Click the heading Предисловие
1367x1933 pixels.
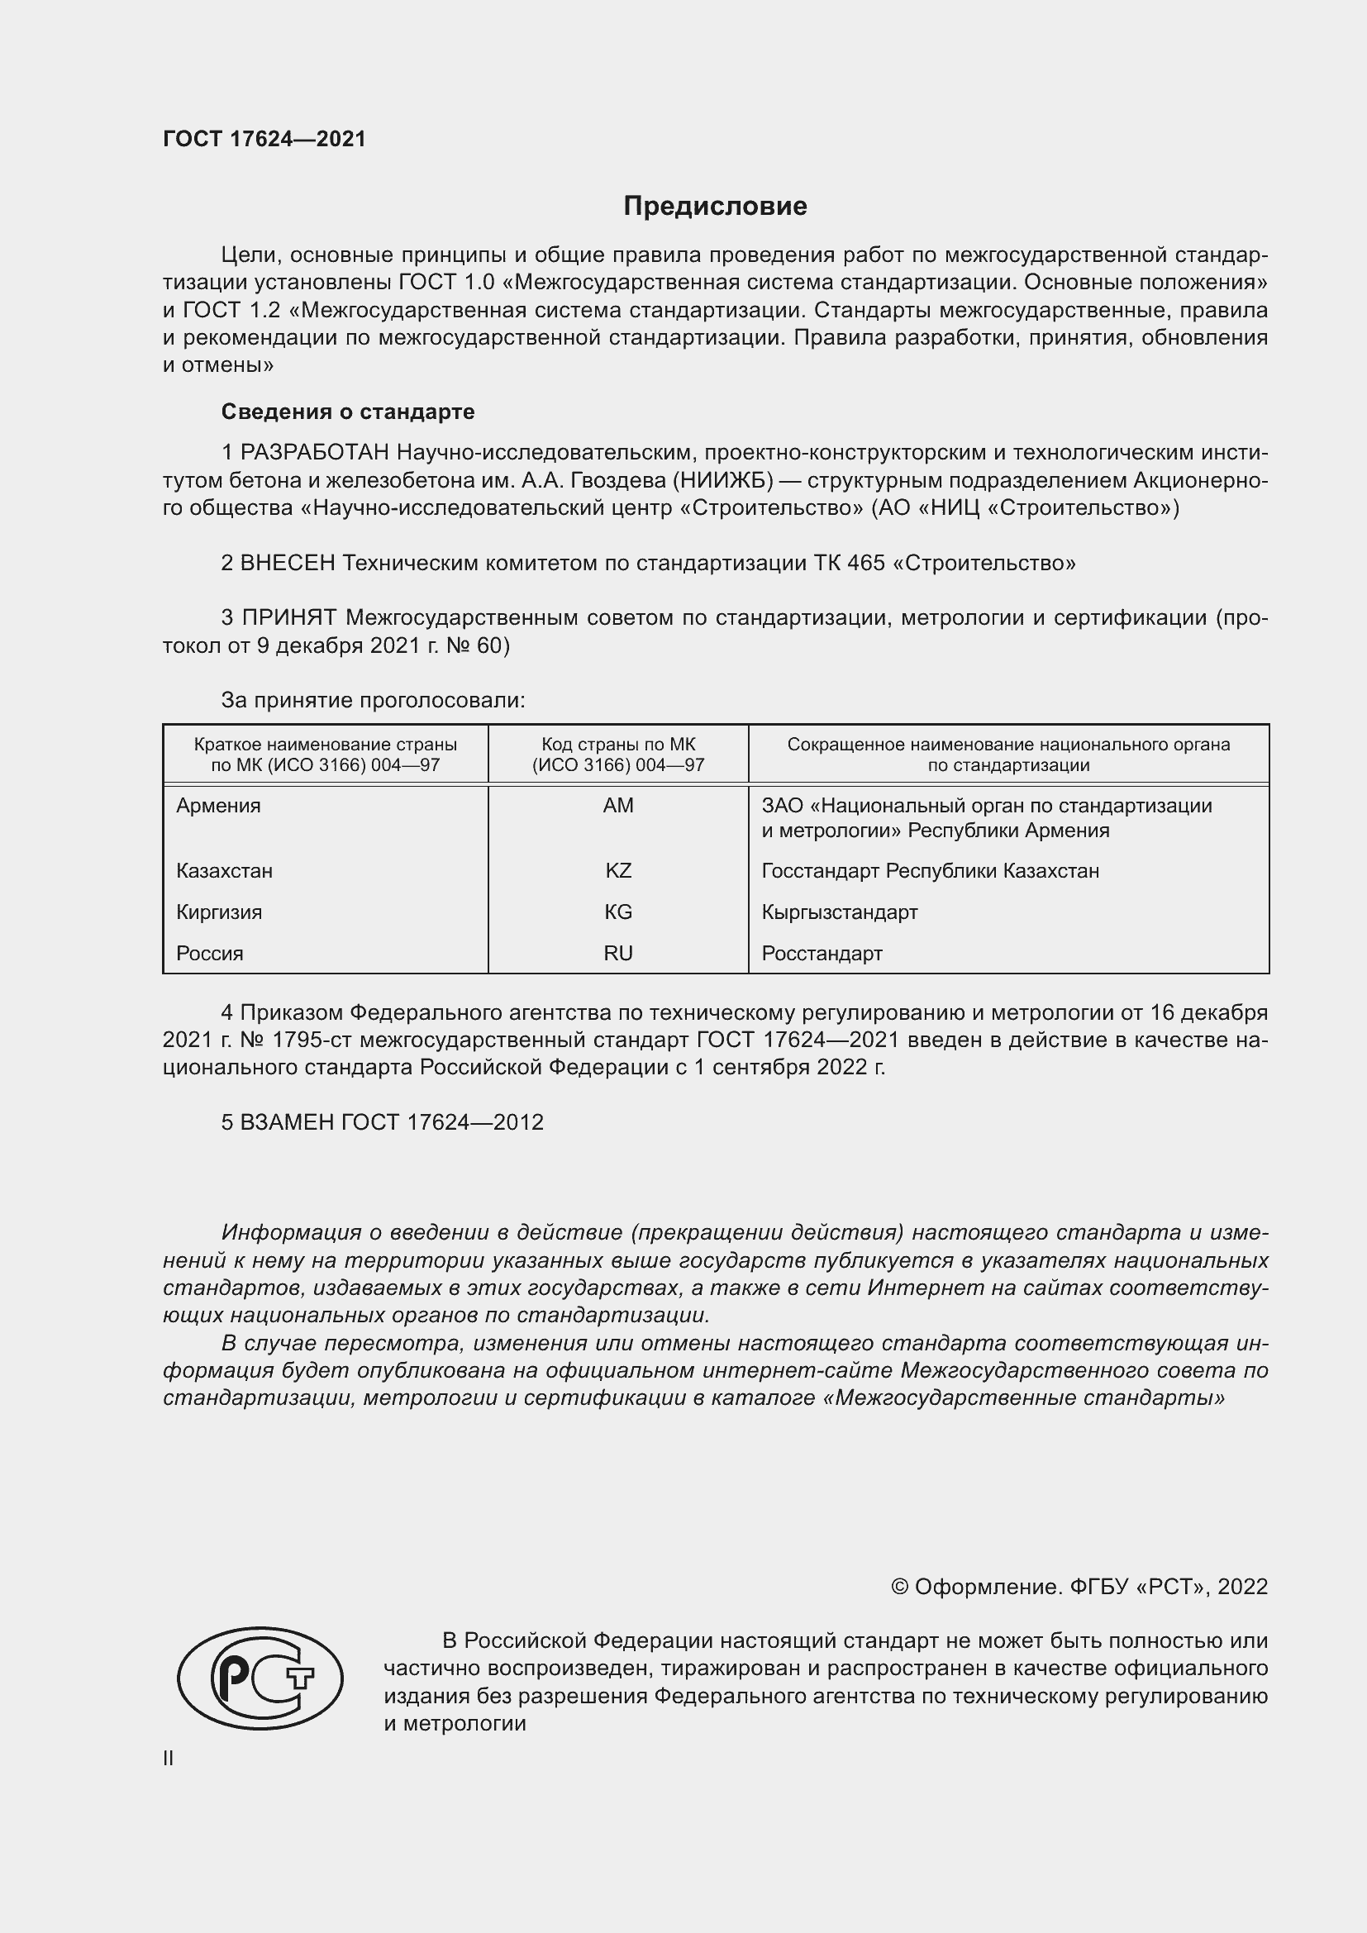pyautogui.click(x=715, y=207)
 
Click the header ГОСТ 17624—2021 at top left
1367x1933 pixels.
pyautogui.click(x=264, y=140)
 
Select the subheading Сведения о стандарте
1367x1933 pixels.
pyautogui.click(x=348, y=412)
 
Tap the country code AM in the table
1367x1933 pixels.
pyautogui.click(x=618, y=806)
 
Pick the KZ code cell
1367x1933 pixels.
pyautogui.click(x=618, y=870)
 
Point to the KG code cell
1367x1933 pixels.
pyautogui.click(x=618, y=912)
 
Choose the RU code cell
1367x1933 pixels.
pyautogui.click(x=618, y=953)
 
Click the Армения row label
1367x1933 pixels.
pyautogui.click(x=219, y=806)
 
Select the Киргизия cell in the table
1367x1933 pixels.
pyautogui.click(x=219, y=912)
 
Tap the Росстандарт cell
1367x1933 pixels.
pyautogui.click(x=822, y=953)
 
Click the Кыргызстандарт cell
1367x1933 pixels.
pyautogui.click(x=839, y=912)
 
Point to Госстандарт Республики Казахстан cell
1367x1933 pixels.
pyautogui.click(x=930, y=870)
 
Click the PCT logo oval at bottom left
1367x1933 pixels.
pyautogui.click(x=260, y=1678)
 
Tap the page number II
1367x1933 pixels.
pyautogui.click(x=169, y=1758)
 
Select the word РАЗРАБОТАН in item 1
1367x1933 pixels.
pyautogui.click(x=315, y=453)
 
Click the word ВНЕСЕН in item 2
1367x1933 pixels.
pyautogui.click(x=288, y=564)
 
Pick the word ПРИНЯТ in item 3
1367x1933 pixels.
pyautogui.click(x=289, y=618)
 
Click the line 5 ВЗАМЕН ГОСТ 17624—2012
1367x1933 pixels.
pyautogui.click(x=382, y=1122)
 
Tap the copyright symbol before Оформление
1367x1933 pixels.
pyautogui.click(x=899, y=1587)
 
